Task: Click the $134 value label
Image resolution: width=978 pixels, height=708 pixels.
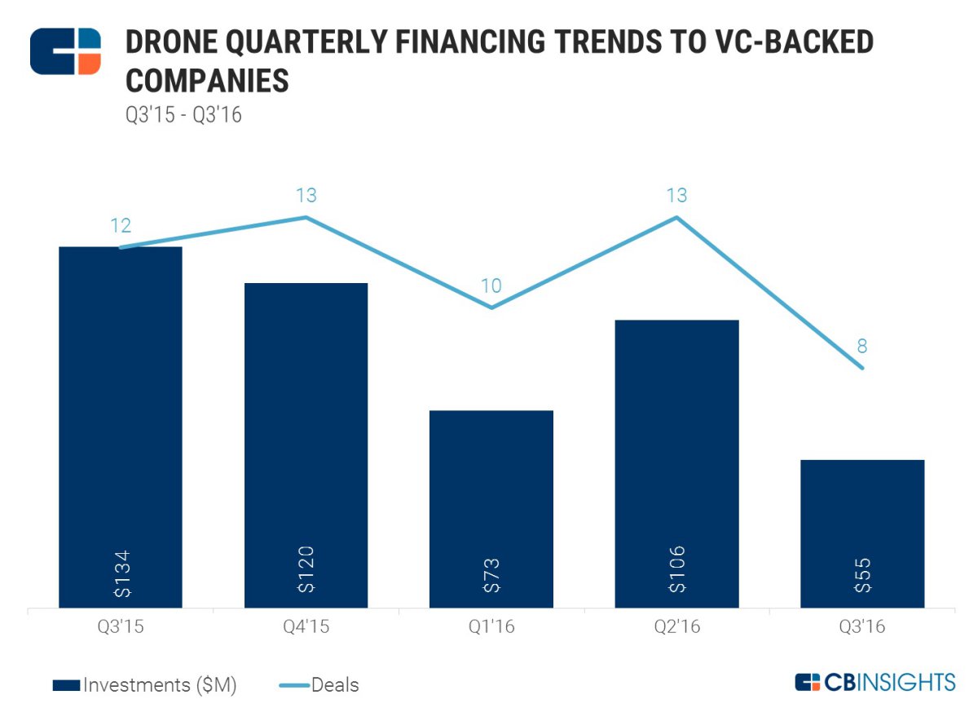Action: coord(121,573)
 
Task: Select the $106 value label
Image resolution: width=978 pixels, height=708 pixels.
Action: coord(677,572)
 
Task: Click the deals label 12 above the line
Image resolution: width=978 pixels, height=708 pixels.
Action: coord(121,226)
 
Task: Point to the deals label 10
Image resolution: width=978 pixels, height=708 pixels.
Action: coord(491,286)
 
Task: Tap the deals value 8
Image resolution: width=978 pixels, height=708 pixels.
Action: coord(862,347)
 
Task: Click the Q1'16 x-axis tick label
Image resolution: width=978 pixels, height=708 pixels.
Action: coord(491,628)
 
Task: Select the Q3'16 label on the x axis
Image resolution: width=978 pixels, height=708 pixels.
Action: coord(862,628)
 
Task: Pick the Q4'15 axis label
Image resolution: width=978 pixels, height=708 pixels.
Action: coord(306,628)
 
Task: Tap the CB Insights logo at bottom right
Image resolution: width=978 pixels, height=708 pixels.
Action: coord(874,682)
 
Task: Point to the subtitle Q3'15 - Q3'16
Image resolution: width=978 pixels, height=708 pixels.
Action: coord(183,115)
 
